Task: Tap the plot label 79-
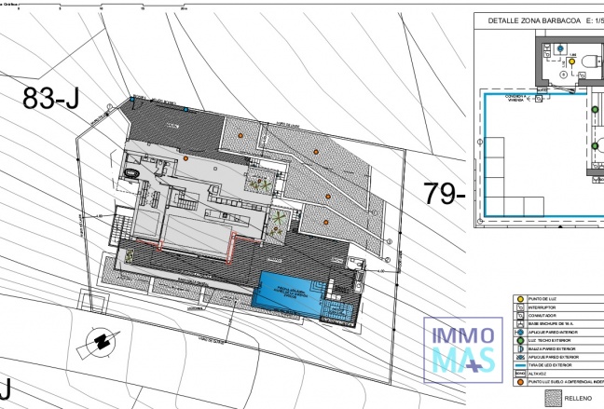point(445,193)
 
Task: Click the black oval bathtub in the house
point(133,172)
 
